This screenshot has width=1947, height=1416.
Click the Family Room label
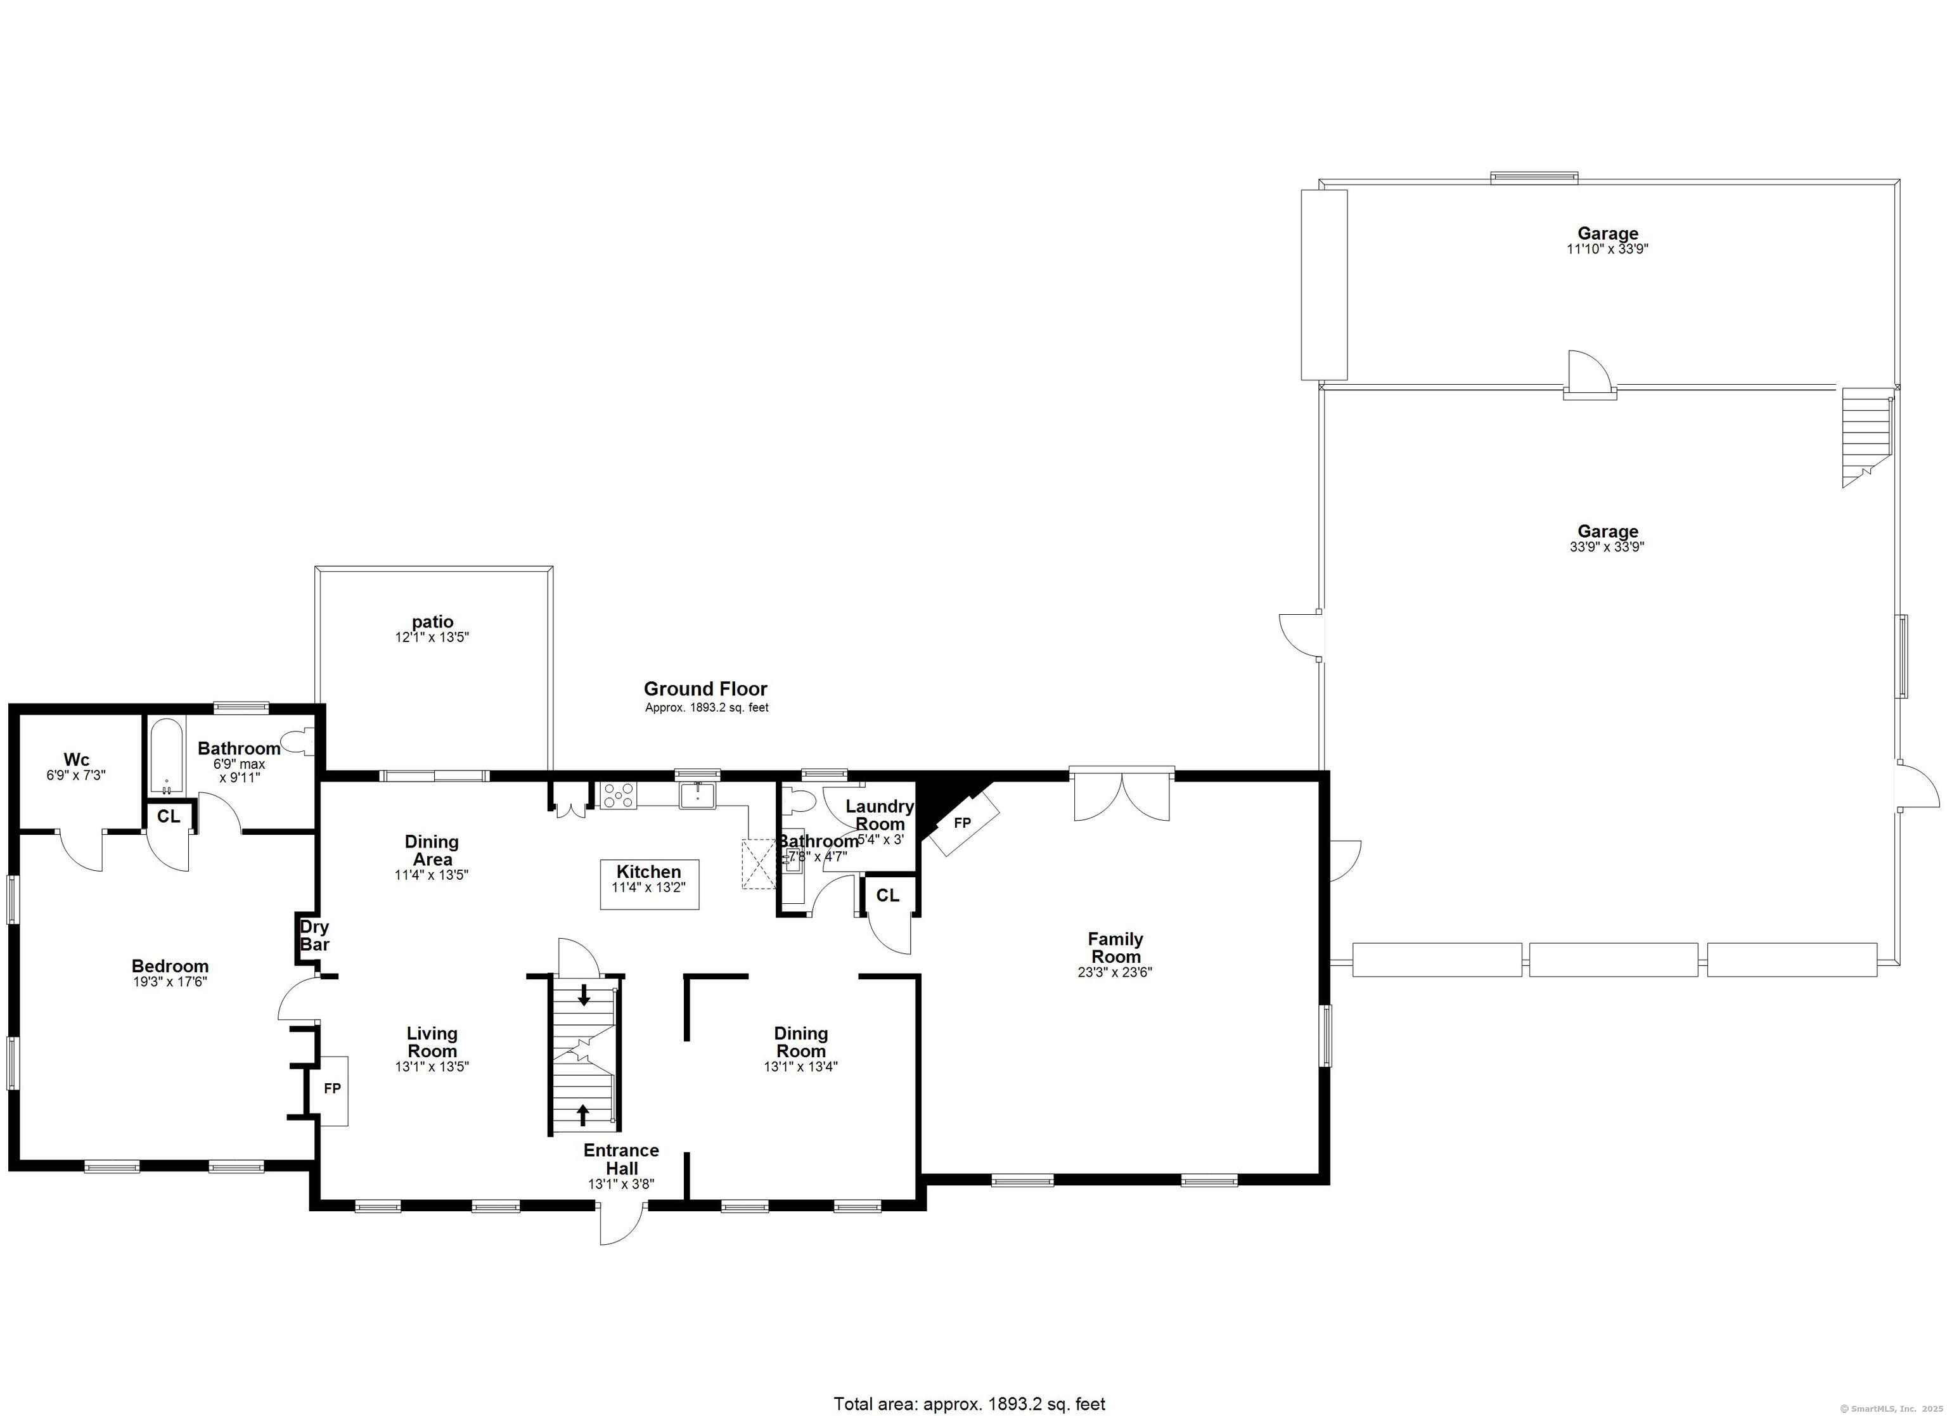[1114, 947]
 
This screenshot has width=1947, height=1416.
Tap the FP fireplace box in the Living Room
[332, 1089]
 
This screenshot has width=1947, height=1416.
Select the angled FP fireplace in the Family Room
[963, 823]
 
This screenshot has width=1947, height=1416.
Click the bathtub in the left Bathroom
[165, 758]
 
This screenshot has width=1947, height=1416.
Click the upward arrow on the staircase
[583, 1114]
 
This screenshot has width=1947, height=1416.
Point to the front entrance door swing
[620, 1225]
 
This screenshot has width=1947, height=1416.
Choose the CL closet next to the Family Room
[888, 896]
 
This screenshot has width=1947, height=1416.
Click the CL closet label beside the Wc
[168, 816]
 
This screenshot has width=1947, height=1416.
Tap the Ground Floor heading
[705, 689]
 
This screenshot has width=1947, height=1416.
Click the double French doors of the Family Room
[1121, 797]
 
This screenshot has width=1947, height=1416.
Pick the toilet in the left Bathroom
[303, 741]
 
